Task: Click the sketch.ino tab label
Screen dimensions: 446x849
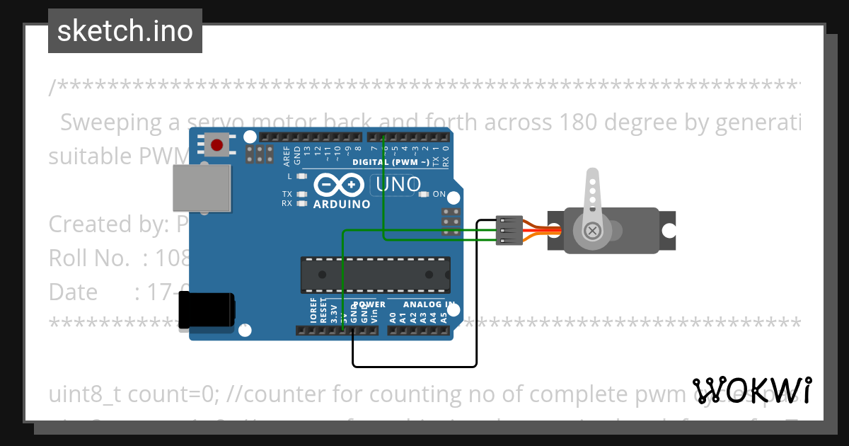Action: (125, 31)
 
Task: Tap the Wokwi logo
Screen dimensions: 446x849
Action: (752, 390)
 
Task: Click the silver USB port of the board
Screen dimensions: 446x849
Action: (202, 188)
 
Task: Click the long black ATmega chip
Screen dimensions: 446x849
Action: (375, 275)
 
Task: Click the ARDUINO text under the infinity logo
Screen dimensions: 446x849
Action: (342, 205)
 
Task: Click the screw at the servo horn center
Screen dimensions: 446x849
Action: (592, 230)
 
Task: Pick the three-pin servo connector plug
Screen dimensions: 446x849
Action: (509, 231)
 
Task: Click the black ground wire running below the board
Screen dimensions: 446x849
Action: (414, 366)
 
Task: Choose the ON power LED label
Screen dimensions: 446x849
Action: (439, 194)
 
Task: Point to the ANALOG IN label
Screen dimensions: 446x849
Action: (428, 304)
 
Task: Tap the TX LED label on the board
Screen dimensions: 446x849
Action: (287, 193)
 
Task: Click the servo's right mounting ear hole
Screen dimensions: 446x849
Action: (667, 231)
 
